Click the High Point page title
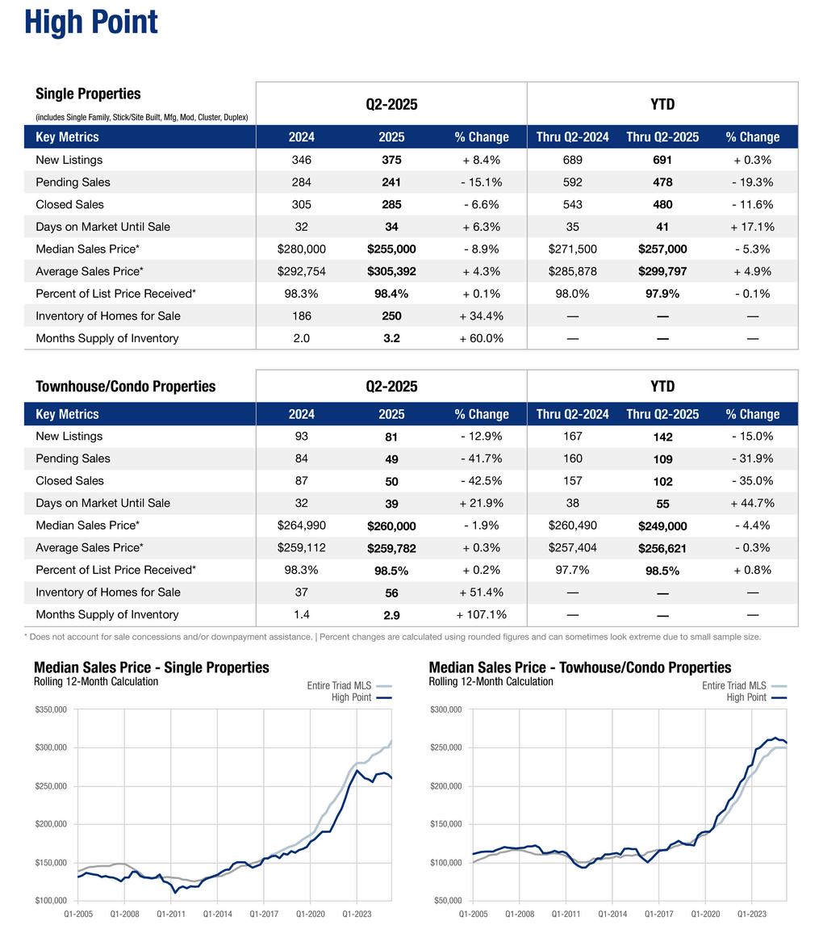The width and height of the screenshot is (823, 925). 91,22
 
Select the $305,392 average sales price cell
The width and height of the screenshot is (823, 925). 391,271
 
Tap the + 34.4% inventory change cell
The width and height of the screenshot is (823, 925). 481,316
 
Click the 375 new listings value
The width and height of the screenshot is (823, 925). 391,160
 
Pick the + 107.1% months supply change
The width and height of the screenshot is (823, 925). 481,614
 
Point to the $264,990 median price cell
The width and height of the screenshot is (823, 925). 301,525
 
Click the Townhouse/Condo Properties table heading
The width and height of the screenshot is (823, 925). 125,387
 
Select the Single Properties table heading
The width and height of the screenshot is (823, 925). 88,94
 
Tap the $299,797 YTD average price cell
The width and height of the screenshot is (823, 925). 662,271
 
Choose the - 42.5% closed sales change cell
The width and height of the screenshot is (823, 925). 481,481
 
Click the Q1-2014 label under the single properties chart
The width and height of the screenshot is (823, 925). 217,914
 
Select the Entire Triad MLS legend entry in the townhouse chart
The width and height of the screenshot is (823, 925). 734,686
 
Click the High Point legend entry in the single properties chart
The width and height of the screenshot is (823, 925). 351,697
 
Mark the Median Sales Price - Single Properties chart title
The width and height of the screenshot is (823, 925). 152,668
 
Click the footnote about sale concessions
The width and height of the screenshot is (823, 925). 392,637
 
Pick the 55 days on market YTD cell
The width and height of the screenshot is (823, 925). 662,504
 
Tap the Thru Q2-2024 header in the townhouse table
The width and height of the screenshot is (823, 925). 572,414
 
